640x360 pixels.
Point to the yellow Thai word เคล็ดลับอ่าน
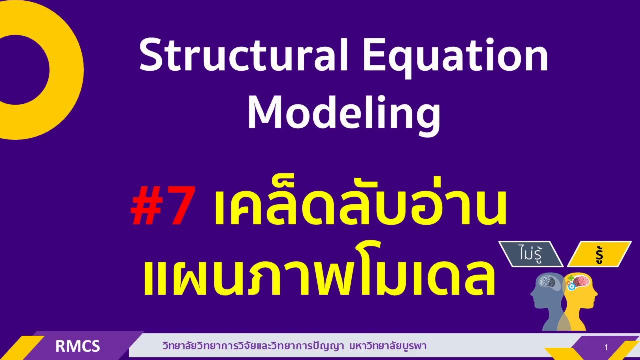[360, 206]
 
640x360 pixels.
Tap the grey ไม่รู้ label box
[530, 254]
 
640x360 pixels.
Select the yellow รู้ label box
[599, 254]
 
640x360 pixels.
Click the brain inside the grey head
[547, 282]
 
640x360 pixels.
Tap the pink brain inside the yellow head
[580, 282]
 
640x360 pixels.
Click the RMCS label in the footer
[78, 346]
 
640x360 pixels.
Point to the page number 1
[606, 347]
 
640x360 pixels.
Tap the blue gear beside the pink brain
[570, 287]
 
